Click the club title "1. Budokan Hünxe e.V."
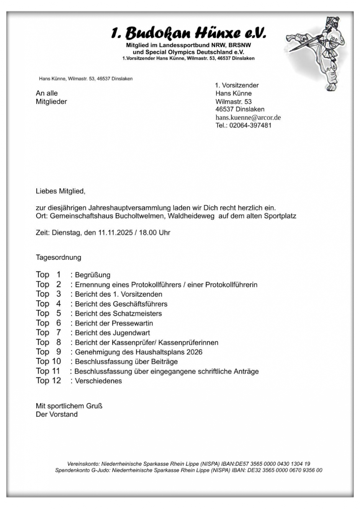coord(188,33)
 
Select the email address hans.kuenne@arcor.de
coord(248,117)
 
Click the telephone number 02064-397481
coord(250,126)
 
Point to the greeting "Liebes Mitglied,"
coord(61,191)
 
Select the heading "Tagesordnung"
coord(59,258)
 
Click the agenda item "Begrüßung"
coord(93,275)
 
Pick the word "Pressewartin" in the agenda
coord(132,323)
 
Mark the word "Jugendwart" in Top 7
coord(131,333)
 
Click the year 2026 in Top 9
coord(194,352)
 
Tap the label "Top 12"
coord(48,381)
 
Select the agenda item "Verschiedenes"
coord(98,381)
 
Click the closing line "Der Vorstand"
coord(57,414)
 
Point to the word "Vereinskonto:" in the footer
coord(83,464)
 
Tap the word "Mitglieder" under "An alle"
coord(51,102)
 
